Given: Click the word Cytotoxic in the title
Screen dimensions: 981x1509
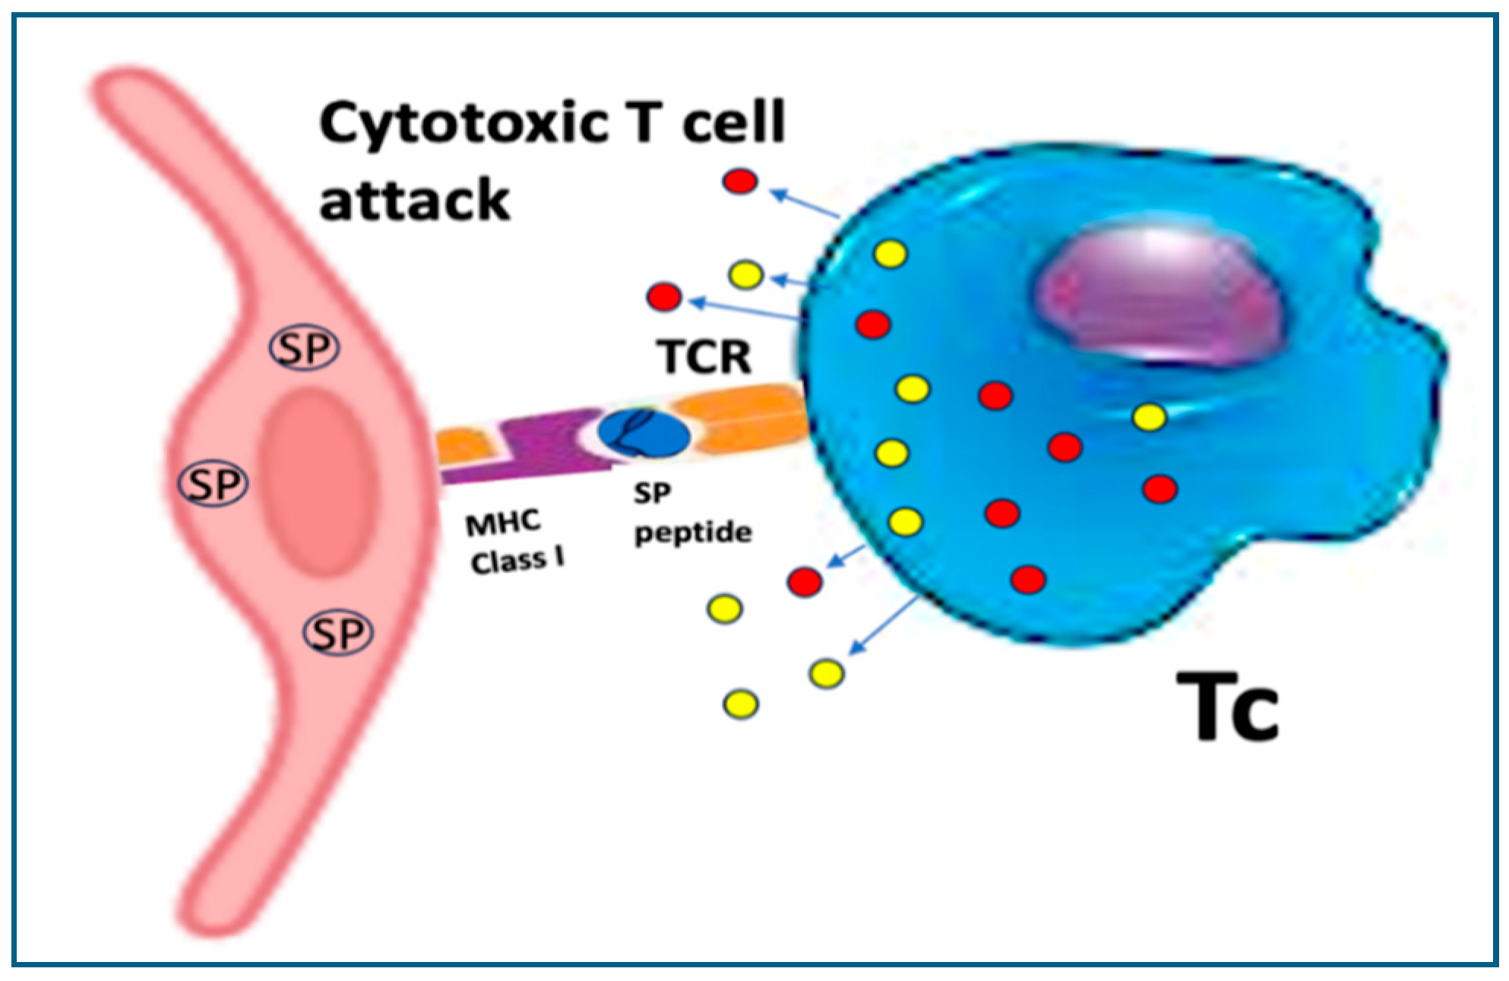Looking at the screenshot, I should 463,124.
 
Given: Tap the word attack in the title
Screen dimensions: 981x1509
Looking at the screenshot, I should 414,200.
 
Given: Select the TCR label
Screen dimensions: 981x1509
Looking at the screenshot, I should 704,356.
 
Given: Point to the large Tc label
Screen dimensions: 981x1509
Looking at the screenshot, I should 1227,707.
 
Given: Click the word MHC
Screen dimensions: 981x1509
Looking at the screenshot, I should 503,523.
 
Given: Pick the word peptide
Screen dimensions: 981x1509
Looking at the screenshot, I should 693,533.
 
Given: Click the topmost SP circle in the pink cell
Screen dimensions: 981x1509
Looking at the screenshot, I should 305,349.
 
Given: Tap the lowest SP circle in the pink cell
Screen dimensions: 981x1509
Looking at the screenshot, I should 338,633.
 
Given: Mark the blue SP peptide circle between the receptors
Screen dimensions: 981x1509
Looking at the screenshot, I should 643,433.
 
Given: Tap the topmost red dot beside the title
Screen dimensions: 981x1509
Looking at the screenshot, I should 740,181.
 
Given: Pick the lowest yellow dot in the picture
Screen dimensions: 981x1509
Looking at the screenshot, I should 741,704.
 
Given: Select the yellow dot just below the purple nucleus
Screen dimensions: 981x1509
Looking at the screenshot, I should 1150,417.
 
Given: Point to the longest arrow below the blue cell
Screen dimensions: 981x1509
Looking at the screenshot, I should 884,625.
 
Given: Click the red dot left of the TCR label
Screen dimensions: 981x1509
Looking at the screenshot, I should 664,297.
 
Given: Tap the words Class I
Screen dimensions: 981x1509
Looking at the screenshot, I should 517,561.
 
